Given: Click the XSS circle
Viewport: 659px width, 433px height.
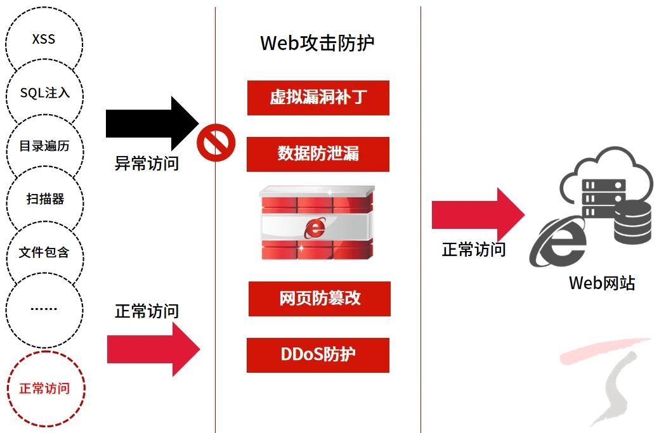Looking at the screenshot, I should tap(44, 39).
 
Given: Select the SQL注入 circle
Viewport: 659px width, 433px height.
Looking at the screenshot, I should tap(44, 93).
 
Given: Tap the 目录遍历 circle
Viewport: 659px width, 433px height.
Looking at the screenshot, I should tap(44, 146).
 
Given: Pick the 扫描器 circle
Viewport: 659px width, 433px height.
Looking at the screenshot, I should tap(44, 200).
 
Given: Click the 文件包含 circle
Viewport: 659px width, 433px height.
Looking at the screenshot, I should tap(44, 253).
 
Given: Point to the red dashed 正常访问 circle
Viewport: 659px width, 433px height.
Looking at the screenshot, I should tap(44, 389).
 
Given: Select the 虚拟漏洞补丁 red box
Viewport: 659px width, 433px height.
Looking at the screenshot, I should tap(318, 98).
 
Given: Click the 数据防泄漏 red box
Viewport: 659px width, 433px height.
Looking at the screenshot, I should tap(318, 154).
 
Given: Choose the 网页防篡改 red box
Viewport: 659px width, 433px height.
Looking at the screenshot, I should tap(319, 299).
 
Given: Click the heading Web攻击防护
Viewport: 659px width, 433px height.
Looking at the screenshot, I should tap(317, 43).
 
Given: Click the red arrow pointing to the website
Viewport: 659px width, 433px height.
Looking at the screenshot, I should tap(477, 214).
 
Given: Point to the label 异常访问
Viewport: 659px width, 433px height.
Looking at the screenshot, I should tap(147, 164).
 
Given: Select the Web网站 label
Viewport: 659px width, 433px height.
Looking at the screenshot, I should tap(601, 283).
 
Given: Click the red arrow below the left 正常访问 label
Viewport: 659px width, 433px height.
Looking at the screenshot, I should tap(153, 349).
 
